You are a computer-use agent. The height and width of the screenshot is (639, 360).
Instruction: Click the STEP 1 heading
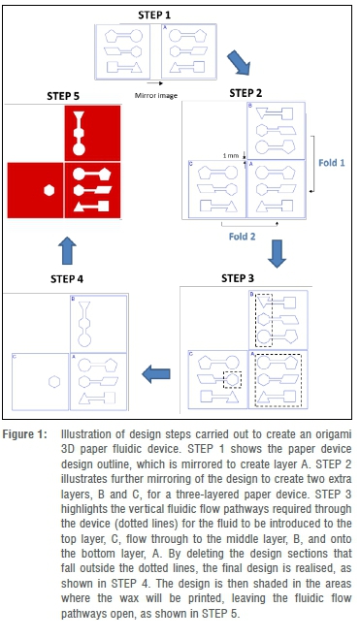tap(154, 16)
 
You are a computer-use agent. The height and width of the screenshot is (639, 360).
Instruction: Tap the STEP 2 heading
tap(245, 93)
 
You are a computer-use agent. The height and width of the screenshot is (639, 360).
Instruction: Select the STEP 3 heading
tap(238, 278)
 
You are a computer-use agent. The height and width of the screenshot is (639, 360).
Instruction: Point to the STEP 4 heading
tap(67, 279)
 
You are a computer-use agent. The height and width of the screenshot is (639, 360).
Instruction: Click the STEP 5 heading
tap(63, 96)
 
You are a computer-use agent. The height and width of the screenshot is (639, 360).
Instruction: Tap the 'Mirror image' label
tap(156, 96)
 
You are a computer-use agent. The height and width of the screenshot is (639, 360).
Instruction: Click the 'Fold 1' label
tap(332, 163)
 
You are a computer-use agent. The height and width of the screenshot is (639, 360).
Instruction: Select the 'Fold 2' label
tap(243, 237)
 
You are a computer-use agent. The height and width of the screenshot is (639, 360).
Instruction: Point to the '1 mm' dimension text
tap(230, 156)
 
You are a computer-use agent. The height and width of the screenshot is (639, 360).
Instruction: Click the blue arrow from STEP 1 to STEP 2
tap(239, 62)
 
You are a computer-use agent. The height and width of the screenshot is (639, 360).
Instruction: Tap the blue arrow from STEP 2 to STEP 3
tap(277, 253)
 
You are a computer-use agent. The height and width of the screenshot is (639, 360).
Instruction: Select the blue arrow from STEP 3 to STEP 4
tap(156, 374)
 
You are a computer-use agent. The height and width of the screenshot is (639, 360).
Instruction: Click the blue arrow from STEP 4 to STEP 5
tap(67, 250)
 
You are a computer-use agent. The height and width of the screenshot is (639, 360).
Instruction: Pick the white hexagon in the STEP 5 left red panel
tap(49, 190)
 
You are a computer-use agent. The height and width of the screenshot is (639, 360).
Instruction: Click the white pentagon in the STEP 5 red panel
tap(105, 174)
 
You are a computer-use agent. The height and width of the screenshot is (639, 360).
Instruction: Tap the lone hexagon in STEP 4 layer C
tap(54, 381)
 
